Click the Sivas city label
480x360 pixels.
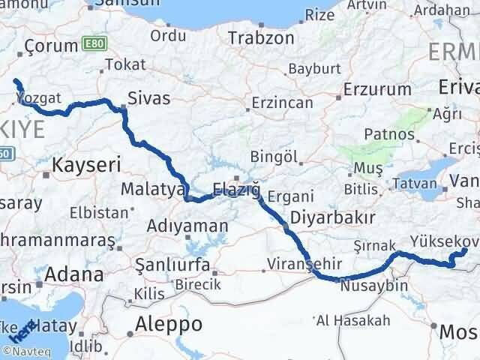coord(149,98)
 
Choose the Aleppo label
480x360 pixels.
coord(169,324)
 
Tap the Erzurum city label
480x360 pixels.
coord(377,89)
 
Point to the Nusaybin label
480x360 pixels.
coord(373,286)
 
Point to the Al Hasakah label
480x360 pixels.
coord(353,321)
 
